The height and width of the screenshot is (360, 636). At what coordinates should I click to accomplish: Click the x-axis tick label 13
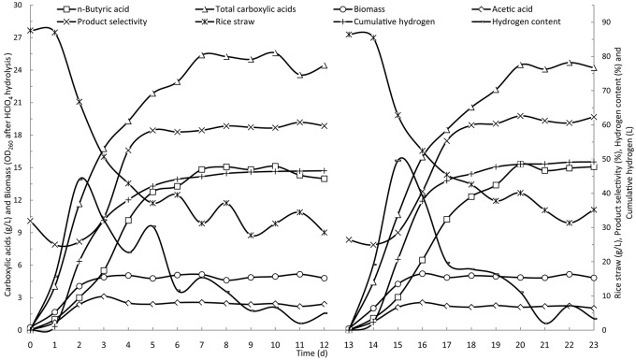click(349, 344)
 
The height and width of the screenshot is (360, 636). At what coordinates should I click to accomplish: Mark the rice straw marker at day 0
click(30, 30)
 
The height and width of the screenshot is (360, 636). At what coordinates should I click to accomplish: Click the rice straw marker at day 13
click(349, 34)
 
